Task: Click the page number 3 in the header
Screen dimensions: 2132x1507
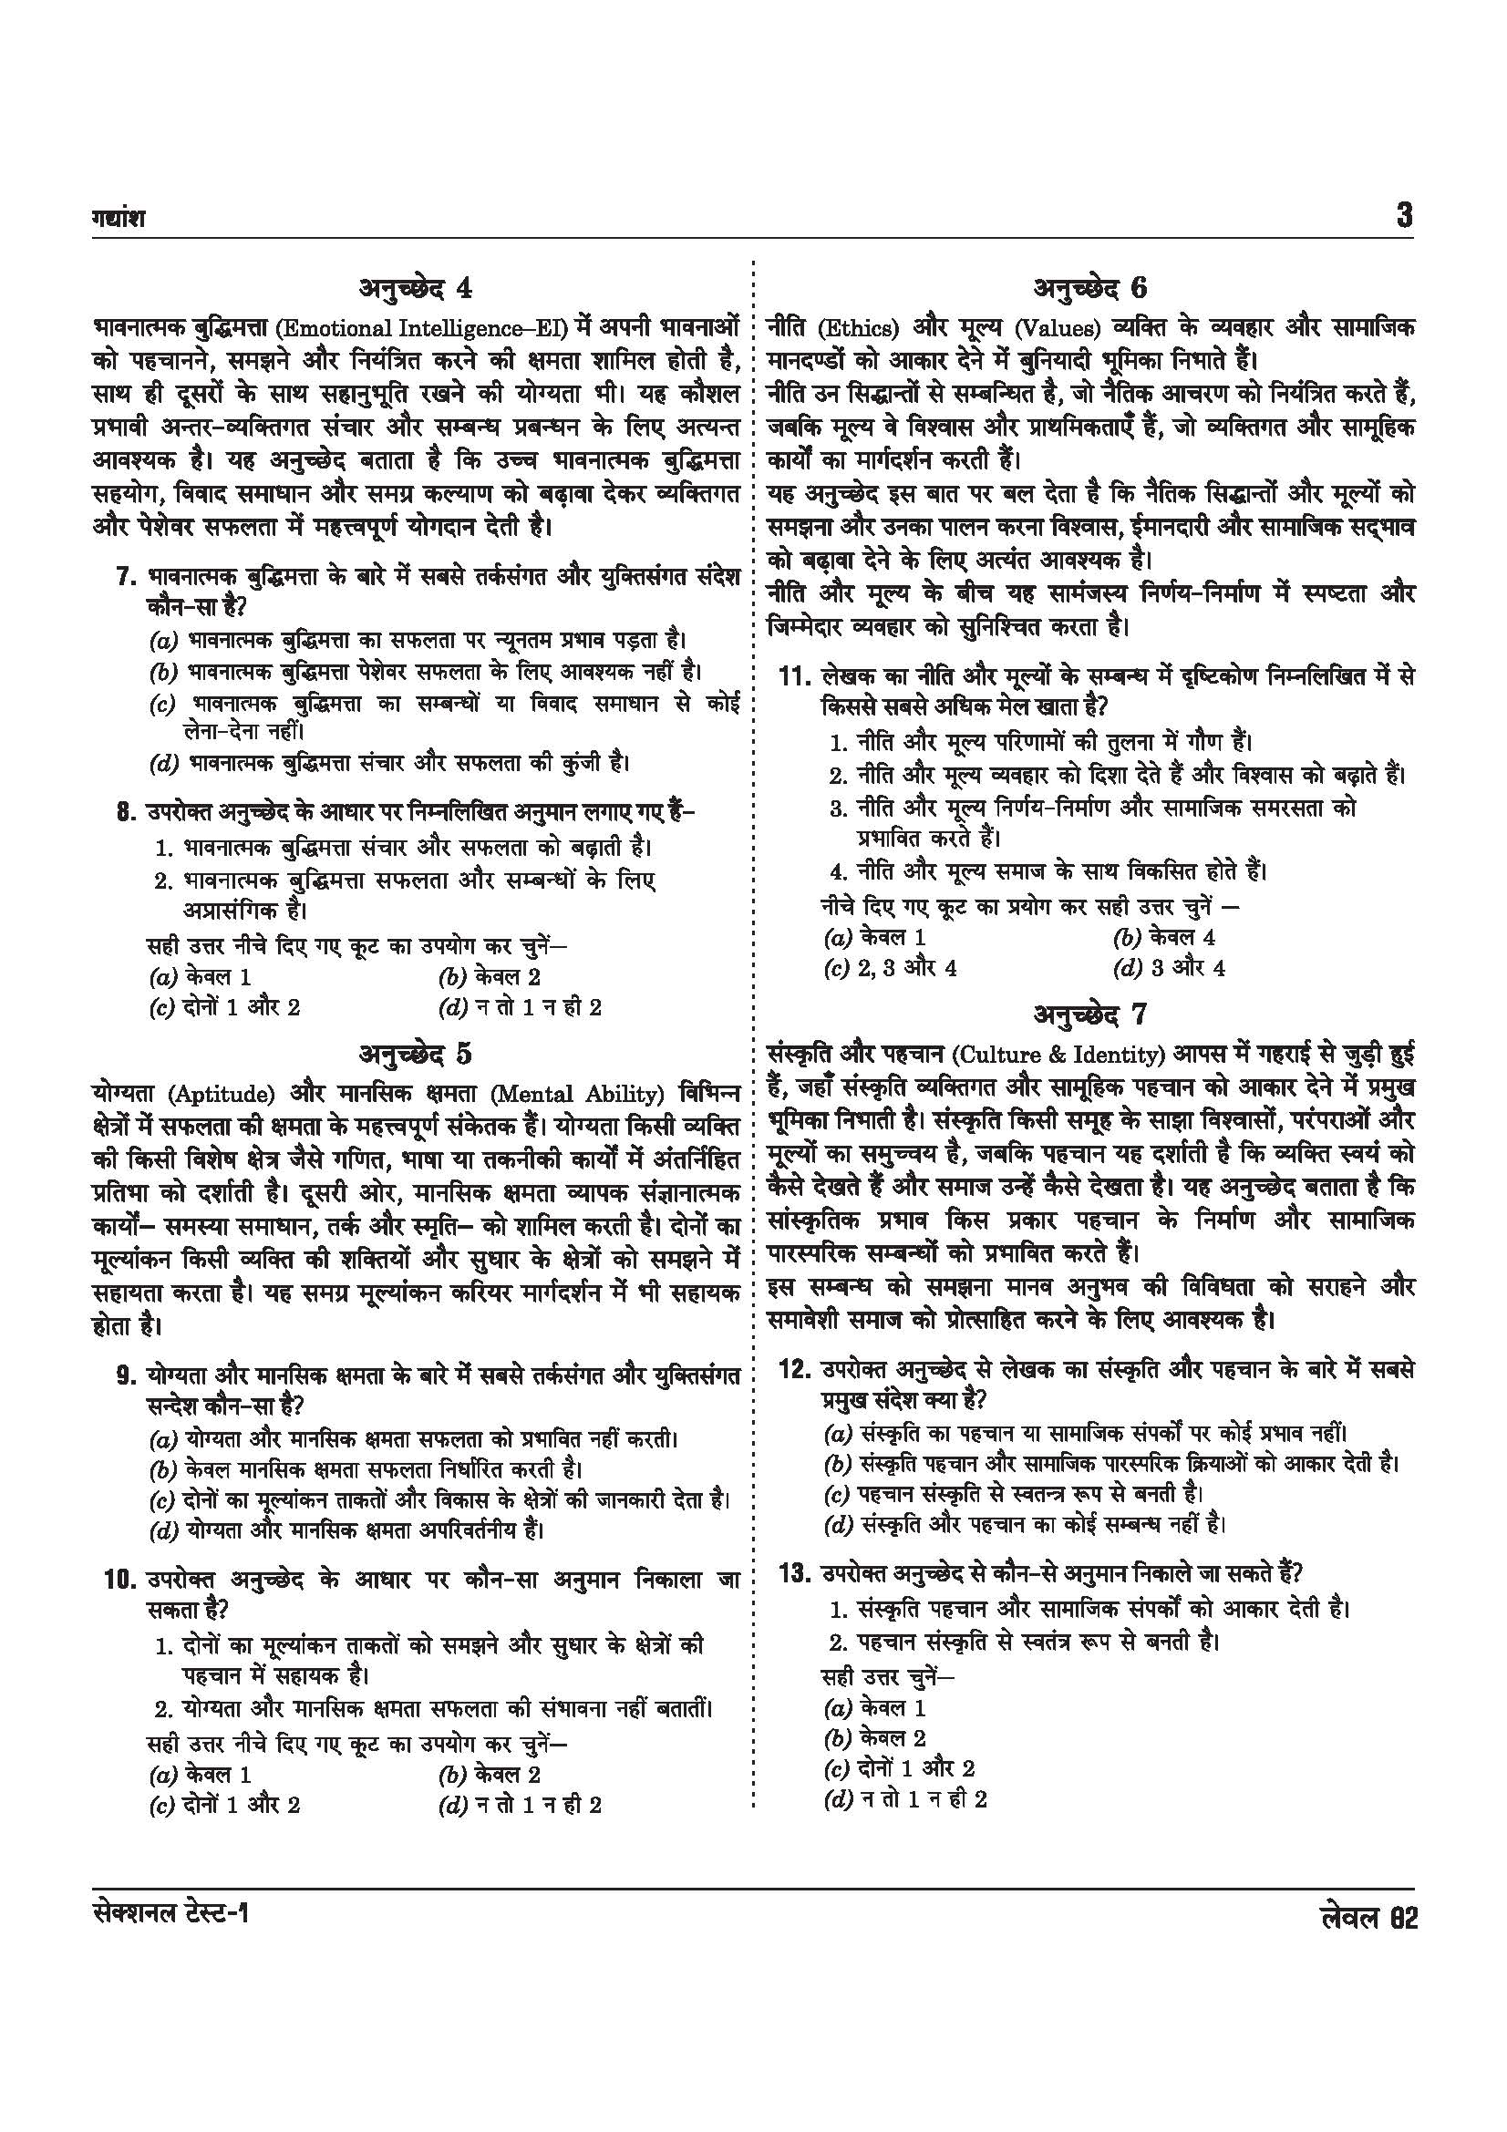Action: tap(1404, 216)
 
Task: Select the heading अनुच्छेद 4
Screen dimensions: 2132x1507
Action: tap(415, 289)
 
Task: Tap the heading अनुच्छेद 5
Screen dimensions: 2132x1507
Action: tap(415, 1054)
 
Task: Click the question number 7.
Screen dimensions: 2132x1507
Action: tap(127, 578)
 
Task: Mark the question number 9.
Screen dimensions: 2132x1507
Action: tap(127, 1375)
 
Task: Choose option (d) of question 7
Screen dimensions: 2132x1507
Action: tap(390, 763)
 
